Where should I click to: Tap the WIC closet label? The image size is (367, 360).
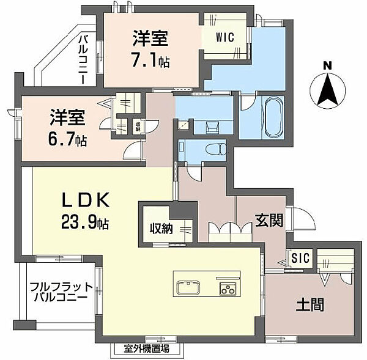(224, 36)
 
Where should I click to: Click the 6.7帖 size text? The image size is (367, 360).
(68, 139)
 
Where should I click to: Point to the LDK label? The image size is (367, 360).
(86, 200)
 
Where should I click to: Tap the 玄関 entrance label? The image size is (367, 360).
(269, 220)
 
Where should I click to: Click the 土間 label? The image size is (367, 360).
(311, 302)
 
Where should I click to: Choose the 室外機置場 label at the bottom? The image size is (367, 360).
(145, 349)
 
